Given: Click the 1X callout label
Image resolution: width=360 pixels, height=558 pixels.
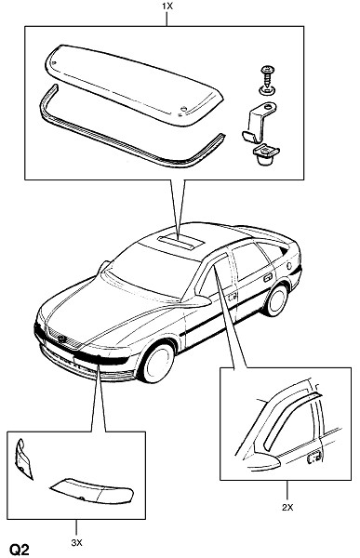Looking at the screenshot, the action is [167, 7].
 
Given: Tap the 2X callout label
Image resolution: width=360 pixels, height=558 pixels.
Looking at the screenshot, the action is [287, 508].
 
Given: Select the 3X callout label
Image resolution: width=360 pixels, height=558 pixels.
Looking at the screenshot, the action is [76, 543].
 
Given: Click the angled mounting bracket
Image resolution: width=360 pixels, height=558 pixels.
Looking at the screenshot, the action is [259, 120].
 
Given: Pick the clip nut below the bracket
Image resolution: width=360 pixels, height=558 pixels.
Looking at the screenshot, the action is [266, 153].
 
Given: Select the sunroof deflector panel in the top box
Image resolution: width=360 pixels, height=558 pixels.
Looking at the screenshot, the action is [134, 84].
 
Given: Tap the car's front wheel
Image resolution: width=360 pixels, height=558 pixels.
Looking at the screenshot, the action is [157, 361].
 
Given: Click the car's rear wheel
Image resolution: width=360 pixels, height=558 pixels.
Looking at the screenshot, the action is [277, 299].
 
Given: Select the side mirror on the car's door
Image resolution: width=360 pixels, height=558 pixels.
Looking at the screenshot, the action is [196, 301].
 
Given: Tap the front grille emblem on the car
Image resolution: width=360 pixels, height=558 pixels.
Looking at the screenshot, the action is [61, 339].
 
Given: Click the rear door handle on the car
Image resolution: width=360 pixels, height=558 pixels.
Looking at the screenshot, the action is [268, 277].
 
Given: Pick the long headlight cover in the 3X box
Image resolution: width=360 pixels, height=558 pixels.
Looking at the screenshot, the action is [92, 491].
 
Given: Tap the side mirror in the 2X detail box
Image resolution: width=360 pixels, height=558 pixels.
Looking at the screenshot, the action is [264, 464].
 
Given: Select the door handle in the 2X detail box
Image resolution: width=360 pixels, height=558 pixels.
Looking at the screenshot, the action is [314, 457].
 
